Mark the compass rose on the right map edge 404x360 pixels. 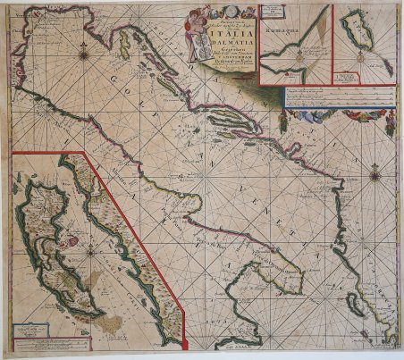point(375,175)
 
